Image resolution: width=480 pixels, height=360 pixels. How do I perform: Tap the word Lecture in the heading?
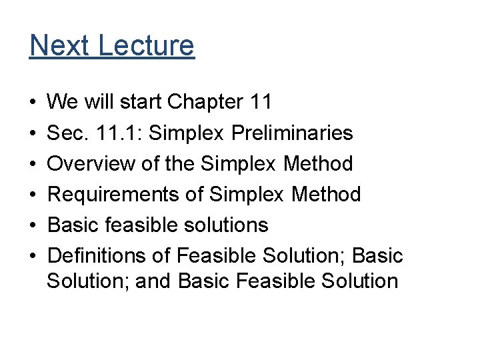(x=146, y=45)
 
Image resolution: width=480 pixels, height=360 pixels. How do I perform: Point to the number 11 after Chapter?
(x=259, y=102)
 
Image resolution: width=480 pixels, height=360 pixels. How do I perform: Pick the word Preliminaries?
(x=292, y=133)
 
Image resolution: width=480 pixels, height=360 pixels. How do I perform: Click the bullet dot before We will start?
(x=33, y=103)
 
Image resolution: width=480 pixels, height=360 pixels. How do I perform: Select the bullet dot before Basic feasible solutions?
(x=33, y=225)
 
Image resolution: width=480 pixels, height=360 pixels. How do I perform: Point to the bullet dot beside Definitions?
(x=33, y=256)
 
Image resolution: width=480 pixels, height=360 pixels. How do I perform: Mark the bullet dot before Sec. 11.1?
(x=33, y=133)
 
